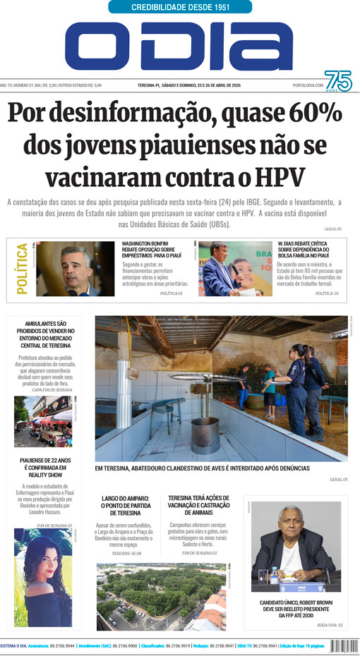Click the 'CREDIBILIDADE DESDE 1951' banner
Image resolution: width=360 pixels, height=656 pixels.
[x=180, y=7]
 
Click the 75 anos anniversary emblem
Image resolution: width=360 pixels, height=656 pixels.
[x=337, y=83]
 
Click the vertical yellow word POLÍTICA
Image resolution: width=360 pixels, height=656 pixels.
[x=21, y=268]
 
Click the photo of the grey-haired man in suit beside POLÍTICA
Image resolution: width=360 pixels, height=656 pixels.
[x=74, y=269]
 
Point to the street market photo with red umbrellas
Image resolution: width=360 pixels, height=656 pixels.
[x=43, y=421]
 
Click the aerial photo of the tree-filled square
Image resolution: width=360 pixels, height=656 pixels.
[x=161, y=596]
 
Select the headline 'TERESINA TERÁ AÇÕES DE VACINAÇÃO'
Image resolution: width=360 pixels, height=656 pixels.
[x=199, y=506]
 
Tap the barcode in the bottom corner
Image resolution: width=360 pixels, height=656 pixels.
[x=344, y=645]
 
